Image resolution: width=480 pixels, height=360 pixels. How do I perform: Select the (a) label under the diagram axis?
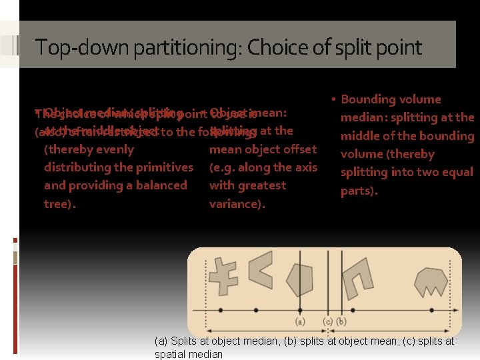pyautogui.click(x=300, y=321)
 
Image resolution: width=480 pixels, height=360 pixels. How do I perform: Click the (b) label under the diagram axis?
pyautogui.click(x=341, y=321)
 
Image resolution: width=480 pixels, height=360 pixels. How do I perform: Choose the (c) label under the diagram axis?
pyautogui.click(x=327, y=321)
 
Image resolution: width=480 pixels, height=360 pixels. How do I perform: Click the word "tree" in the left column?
pyautogui.click(x=58, y=204)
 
